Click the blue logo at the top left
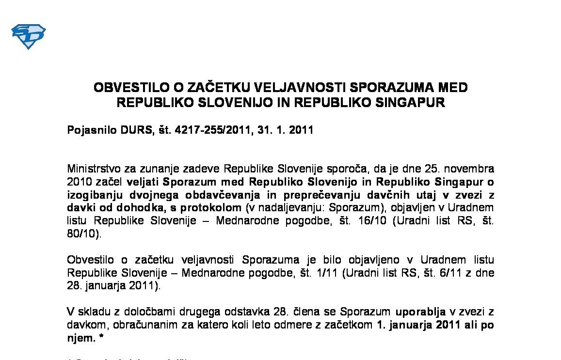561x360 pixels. point(28,37)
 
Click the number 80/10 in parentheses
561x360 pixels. point(83,233)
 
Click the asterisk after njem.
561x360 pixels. point(101,338)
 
